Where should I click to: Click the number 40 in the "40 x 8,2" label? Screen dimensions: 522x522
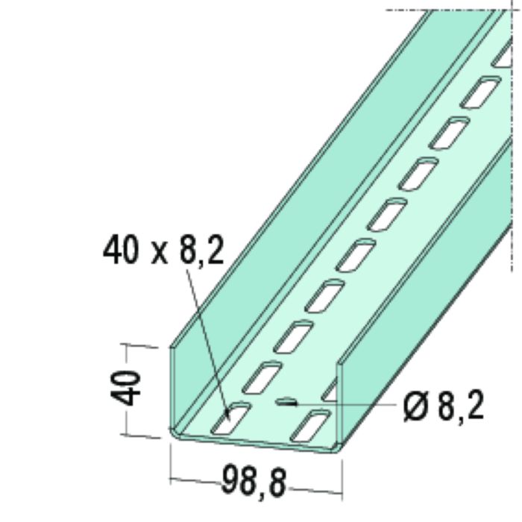(x=121, y=249)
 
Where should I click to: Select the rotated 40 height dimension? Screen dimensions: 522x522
(x=126, y=389)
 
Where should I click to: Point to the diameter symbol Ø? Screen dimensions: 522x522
(x=415, y=406)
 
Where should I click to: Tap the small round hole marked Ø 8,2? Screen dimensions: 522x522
(x=286, y=402)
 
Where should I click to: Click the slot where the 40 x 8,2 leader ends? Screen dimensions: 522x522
(x=230, y=418)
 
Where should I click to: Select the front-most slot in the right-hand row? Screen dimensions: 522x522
(x=311, y=426)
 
